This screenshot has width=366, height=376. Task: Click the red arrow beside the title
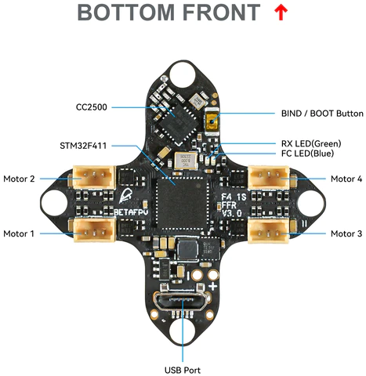281,13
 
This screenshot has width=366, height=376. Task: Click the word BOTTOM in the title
126,13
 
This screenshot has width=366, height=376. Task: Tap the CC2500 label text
92,107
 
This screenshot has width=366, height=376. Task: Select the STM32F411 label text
83,146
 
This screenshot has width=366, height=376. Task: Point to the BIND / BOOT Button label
322,114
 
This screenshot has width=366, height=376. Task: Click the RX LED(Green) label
311,143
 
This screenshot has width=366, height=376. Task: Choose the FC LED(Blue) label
307,154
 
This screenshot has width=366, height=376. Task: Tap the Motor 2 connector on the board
94,177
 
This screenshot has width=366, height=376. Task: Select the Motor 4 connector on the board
269,177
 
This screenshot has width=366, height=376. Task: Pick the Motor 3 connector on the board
269,230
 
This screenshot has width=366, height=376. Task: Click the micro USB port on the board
182,302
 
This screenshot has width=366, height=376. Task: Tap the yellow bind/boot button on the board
212,121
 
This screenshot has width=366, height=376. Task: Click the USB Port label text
183,371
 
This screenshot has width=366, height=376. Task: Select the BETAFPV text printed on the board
132,212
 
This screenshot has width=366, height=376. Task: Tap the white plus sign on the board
213,287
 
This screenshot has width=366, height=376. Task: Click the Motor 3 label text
346,233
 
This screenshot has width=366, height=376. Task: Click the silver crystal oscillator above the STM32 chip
186,161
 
